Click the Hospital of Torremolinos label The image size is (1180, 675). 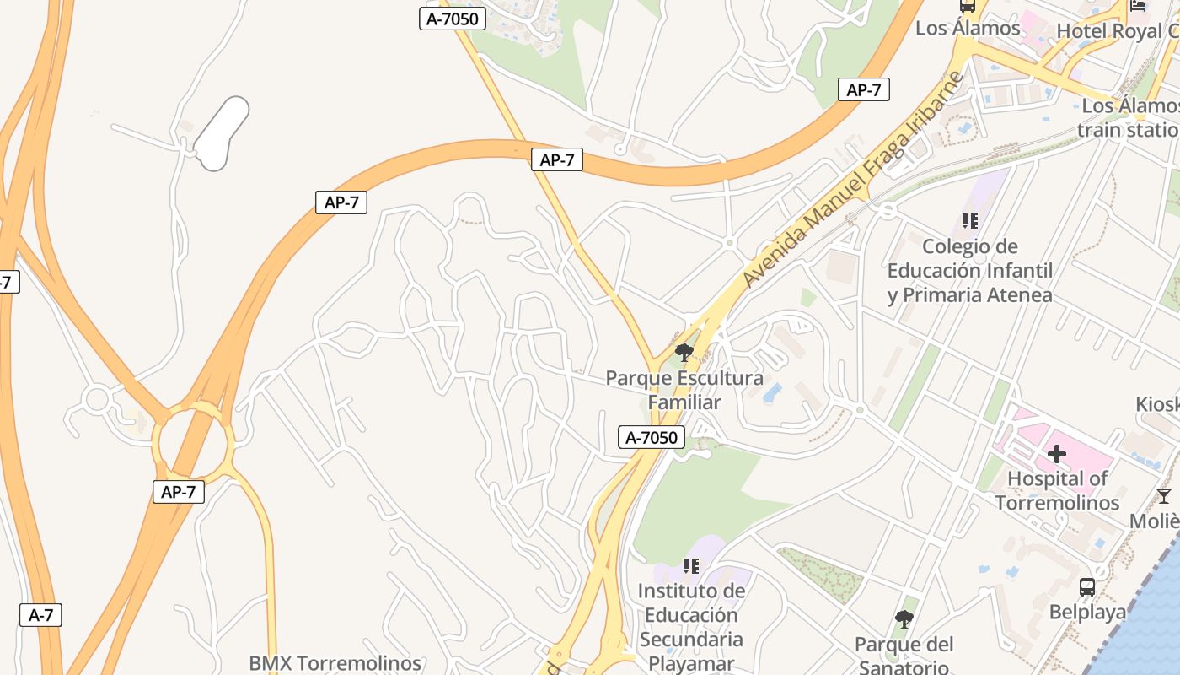coord(1057,490)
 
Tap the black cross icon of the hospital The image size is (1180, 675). coord(1056,455)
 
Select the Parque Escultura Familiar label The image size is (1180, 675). coord(684,390)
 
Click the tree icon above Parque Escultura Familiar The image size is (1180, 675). coord(684,352)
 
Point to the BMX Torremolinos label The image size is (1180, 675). coord(335,663)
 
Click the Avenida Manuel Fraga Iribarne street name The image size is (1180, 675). coord(852,179)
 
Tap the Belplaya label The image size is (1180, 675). coord(1087,612)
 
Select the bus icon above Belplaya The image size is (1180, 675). coord(1087,586)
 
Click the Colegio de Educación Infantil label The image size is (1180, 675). coord(970,271)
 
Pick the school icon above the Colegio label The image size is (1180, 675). coord(970,221)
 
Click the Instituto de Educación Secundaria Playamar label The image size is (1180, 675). coord(691,627)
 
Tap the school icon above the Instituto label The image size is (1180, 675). coord(691,566)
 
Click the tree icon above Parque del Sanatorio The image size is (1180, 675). coord(904,620)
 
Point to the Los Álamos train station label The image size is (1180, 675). coord(1129,118)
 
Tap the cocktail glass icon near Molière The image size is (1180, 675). coord(1164,495)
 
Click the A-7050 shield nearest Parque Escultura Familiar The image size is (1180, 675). coord(652,437)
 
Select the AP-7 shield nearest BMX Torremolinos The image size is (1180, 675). coord(179,492)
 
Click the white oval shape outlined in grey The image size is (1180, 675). coord(222,133)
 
